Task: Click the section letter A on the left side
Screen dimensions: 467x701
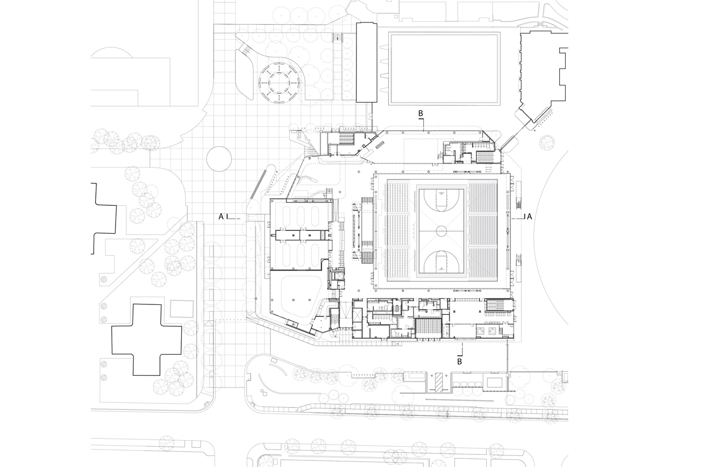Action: click(221, 216)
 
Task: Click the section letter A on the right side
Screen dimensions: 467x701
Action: click(529, 216)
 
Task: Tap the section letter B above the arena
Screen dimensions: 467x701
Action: click(421, 114)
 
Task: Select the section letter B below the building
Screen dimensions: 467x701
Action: click(459, 361)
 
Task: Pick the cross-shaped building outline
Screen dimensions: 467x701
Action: click(146, 339)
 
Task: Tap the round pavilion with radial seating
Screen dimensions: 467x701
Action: click(279, 82)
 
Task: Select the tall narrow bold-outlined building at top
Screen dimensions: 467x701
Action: click(366, 62)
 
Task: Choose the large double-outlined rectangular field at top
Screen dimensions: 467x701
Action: click(444, 68)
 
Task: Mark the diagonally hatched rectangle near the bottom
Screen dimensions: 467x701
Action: click(439, 382)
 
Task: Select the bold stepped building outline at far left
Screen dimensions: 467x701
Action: click(107, 219)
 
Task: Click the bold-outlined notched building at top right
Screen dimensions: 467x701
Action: click(542, 71)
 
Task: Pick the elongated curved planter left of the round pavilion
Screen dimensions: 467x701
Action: click(244, 74)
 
